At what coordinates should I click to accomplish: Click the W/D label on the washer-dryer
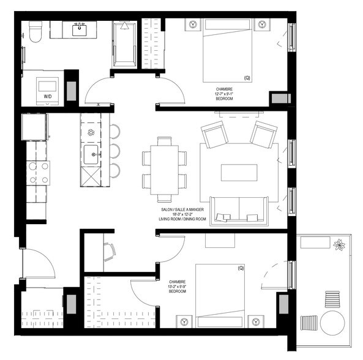[48, 96]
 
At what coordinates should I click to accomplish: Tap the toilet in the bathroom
[34, 32]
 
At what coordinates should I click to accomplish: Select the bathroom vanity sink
[80, 29]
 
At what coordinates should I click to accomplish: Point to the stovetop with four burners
[37, 172]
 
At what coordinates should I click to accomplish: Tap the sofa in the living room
[237, 209]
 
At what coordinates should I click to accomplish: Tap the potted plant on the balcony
[339, 246]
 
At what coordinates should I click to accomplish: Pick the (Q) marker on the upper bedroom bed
[247, 78]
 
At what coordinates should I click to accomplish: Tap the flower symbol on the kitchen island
[90, 132]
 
